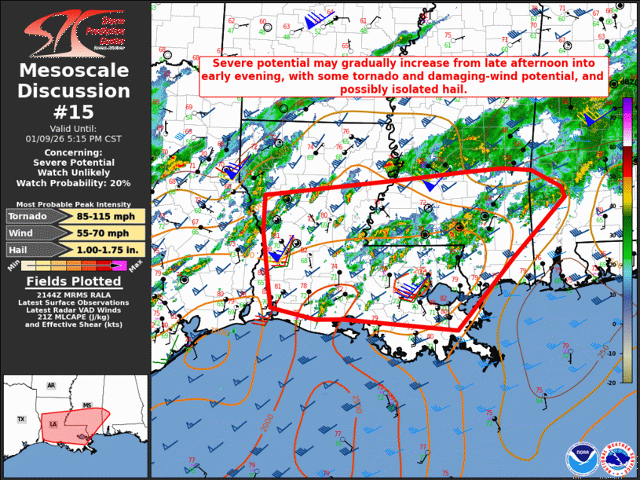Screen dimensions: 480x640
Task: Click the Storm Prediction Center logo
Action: pyautogui.click(x=75, y=31)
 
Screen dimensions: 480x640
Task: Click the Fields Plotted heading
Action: pyautogui.click(x=75, y=281)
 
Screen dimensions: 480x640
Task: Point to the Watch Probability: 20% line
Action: pyautogui.click(x=75, y=183)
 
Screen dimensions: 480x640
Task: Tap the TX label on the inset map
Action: pyautogui.click(x=22, y=419)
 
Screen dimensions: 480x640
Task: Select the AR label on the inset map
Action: pyautogui.click(x=51, y=386)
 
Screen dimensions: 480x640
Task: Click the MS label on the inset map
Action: pyautogui.click(x=88, y=405)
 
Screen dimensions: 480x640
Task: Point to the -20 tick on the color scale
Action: pyautogui.click(x=628, y=380)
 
